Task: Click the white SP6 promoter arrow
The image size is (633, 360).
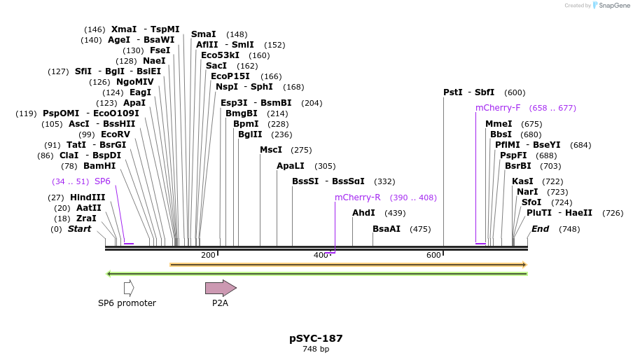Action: tap(128, 288)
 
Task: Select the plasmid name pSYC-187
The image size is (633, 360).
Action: tap(316, 338)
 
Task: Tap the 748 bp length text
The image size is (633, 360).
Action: tap(316, 349)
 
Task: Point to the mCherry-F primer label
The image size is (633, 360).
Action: tap(498, 108)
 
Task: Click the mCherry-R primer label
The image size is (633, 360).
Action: tap(357, 198)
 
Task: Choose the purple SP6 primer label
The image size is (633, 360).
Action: tap(102, 181)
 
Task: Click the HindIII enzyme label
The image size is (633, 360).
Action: tap(88, 198)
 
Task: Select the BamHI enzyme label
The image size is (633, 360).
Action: tap(99, 166)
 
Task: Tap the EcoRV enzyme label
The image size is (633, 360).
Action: tap(116, 134)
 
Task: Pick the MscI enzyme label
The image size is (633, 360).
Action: tap(271, 150)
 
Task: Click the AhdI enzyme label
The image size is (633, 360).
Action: tap(364, 213)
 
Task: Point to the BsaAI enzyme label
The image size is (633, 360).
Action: tap(387, 229)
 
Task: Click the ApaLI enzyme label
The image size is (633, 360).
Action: tap(291, 166)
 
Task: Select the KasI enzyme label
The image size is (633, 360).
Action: tap(522, 181)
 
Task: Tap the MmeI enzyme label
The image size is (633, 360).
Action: tap(499, 124)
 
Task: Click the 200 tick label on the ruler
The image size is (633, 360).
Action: tap(208, 255)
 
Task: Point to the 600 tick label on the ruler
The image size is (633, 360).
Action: tap(433, 255)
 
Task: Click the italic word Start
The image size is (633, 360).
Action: tap(79, 229)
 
